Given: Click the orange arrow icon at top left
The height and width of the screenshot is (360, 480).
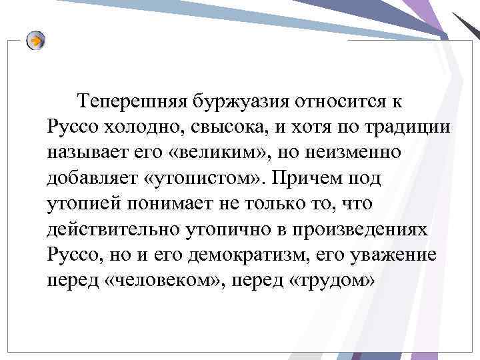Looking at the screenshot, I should pos(36,41).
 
